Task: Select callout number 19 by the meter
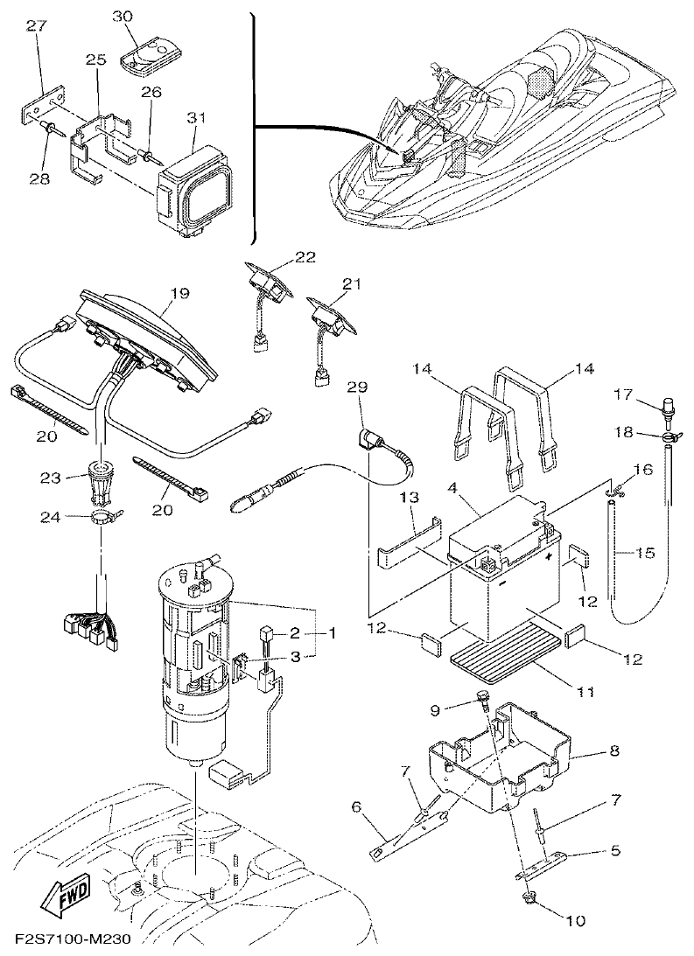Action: (179, 295)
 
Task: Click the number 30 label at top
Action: (124, 17)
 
